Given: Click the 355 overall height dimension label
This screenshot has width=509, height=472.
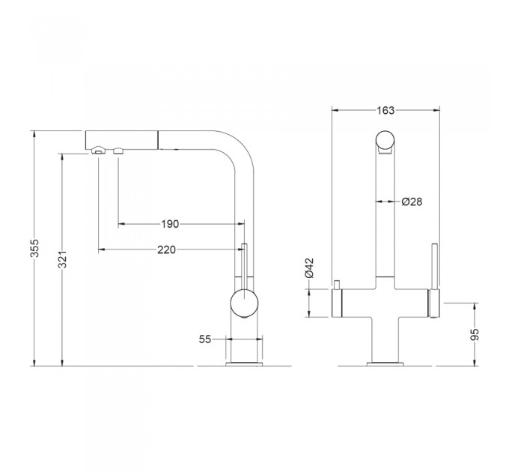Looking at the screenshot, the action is (x=34, y=248).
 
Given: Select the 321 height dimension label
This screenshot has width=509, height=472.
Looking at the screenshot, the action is (x=62, y=259).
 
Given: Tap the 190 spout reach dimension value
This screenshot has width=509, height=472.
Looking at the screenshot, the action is (x=170, y=224).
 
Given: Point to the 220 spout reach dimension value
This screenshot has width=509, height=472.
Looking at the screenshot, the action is (x=166, y=249).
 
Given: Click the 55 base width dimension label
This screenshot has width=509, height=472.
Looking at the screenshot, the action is (x=205, y=339).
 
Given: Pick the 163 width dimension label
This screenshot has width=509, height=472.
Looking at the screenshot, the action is (x=385, y=110).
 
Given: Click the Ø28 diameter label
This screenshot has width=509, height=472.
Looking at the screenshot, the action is (x=412, y=202).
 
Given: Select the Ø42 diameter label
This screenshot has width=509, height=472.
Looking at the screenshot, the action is (x=309, y=268).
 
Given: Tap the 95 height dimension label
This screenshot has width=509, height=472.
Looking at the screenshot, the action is (x=475, y=335).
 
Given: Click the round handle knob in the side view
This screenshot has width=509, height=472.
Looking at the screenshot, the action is (x=244, y=303).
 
